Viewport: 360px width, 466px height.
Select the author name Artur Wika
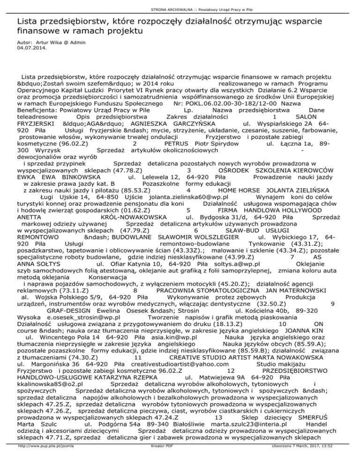pos(42,42)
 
